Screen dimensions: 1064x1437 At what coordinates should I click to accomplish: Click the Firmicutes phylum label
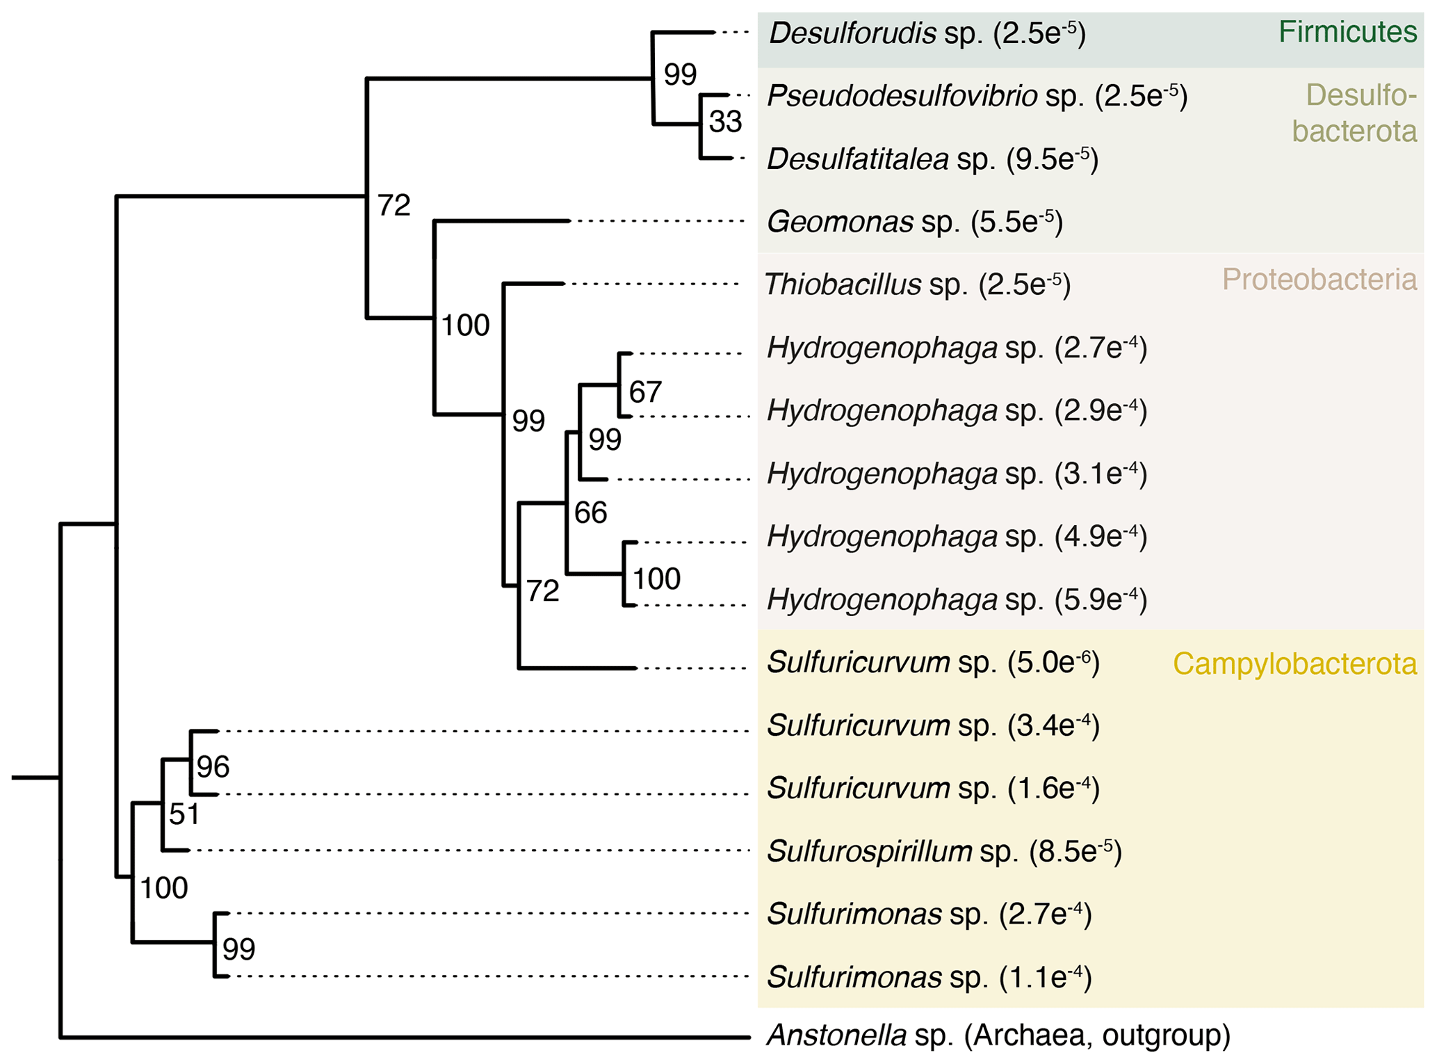(1347, 32)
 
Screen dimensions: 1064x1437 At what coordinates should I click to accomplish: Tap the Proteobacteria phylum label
(1319, 280)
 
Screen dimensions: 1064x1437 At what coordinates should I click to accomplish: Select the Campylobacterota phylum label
(1294, 664)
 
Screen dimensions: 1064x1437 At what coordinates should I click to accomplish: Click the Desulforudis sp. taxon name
(927, 33)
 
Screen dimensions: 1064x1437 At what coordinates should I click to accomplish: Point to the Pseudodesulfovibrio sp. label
(977, 96)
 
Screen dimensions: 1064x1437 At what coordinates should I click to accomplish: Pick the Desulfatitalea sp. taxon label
(932, 159)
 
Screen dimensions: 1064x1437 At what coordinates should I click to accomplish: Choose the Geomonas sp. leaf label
(914, 222)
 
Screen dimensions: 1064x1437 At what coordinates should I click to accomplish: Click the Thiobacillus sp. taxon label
(917, 284)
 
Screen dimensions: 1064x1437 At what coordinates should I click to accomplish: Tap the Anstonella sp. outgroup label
(998, 1035)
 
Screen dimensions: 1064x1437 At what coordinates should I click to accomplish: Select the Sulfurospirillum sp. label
(944, 851)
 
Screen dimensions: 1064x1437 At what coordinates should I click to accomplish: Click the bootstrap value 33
(725, 122)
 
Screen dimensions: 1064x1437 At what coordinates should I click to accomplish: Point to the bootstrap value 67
(644, 392)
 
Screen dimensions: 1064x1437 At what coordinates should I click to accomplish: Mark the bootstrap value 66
(590, 513)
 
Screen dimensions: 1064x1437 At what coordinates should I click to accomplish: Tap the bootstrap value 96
(212, 767)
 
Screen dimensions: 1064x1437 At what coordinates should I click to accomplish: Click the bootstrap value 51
(184, 814)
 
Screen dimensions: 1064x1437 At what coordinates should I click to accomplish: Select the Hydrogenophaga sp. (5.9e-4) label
(957, 599)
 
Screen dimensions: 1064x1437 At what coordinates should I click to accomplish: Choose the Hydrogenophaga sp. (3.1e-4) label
(957, 474)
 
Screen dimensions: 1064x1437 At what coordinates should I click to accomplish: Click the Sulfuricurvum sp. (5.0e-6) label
(933, 663)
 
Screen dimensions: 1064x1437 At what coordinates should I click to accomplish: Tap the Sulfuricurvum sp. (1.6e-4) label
(933, 789)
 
